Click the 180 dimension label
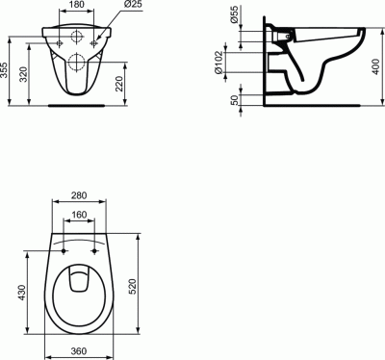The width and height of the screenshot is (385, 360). tap(76, 5)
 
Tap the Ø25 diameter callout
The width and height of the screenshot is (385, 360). tap(133, 5)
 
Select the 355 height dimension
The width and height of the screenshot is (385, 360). tap(4, 70)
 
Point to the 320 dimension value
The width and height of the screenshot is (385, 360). tap(23, 75)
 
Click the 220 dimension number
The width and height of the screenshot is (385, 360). tap(119, 84)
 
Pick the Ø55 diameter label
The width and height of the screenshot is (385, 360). tap(235, 14)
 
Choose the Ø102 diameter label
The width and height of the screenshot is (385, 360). tap(218, 62)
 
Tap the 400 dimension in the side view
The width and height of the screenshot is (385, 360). tap(376, 66)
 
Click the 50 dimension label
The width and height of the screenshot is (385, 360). tap(235, 100)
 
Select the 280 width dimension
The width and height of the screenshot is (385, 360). tap(79, 195)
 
